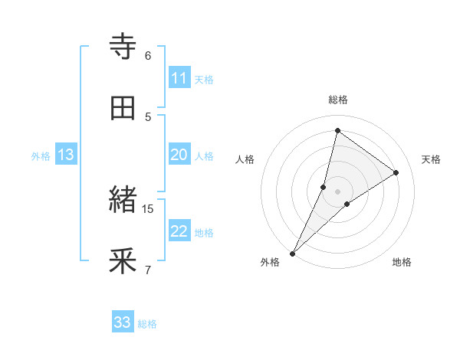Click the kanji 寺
(123, 47)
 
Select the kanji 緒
(123, 201)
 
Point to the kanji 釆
(123, 261)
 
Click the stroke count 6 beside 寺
(148, 55)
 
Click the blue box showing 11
(179, 78)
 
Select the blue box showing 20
(179, 155)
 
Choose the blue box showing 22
(179, 231)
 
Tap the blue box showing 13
(65, 155)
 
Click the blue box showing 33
(123, 322)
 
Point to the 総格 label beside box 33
(148, 324)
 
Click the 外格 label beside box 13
(41, 156)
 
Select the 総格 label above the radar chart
(337, 100)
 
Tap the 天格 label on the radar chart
(432, 159)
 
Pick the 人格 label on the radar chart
(245, 159)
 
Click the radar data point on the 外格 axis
(292, 253)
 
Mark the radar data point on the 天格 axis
(396, 172)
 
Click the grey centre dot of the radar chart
(337, 191)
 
